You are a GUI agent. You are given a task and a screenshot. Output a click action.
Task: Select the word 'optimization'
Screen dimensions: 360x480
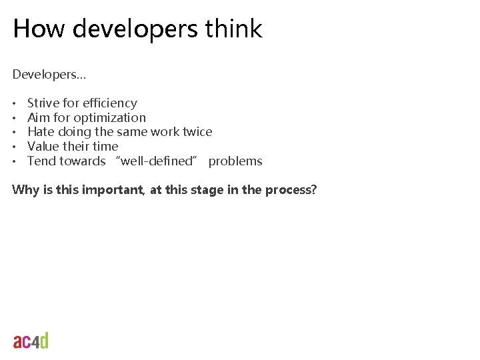click(109, 118)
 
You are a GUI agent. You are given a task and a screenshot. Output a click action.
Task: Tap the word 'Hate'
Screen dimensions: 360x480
click(41, 132)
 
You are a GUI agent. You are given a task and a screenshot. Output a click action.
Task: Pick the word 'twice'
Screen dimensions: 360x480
click(197, 132)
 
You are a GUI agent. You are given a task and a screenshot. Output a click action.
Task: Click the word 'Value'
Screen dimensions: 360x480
click(43, 147)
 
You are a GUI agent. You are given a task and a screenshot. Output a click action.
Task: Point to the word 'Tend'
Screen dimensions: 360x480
click(41, 161)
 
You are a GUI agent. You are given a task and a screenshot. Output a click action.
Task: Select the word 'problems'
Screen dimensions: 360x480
click(235, 161)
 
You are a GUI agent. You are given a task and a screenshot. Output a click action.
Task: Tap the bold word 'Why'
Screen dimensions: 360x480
click(25, 190)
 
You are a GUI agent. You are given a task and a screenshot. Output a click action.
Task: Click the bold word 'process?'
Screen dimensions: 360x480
click(291, 190)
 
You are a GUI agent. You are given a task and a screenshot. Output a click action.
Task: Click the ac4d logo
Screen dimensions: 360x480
click(31, 341)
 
